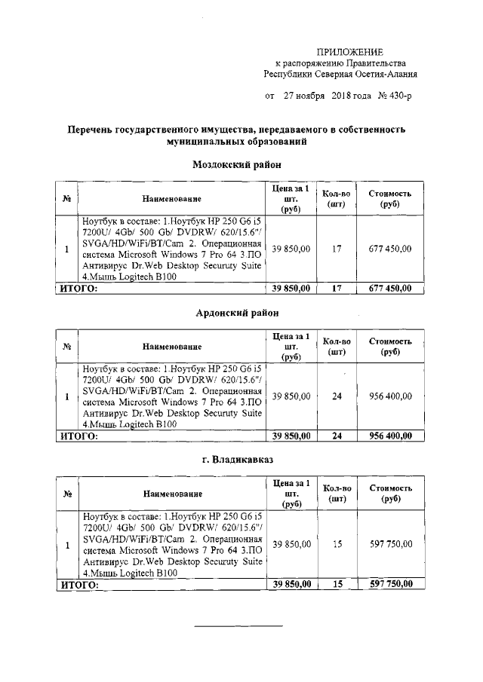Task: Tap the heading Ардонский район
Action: [241, 312]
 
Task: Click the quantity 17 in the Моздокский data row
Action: [337, 249]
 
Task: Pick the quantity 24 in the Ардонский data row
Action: [337, 396]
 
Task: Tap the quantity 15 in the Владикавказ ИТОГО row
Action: [337, 584]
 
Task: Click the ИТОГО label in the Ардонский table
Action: [79, 436]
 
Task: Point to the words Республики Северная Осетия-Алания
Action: [340, 75]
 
